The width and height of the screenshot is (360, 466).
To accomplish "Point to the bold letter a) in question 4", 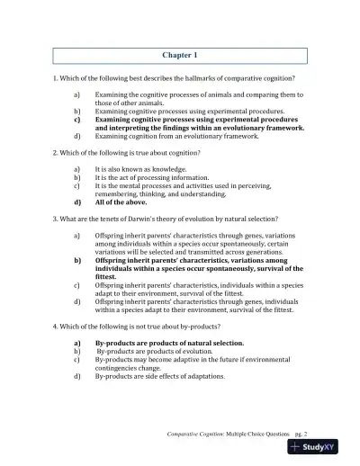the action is point(76,343).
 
